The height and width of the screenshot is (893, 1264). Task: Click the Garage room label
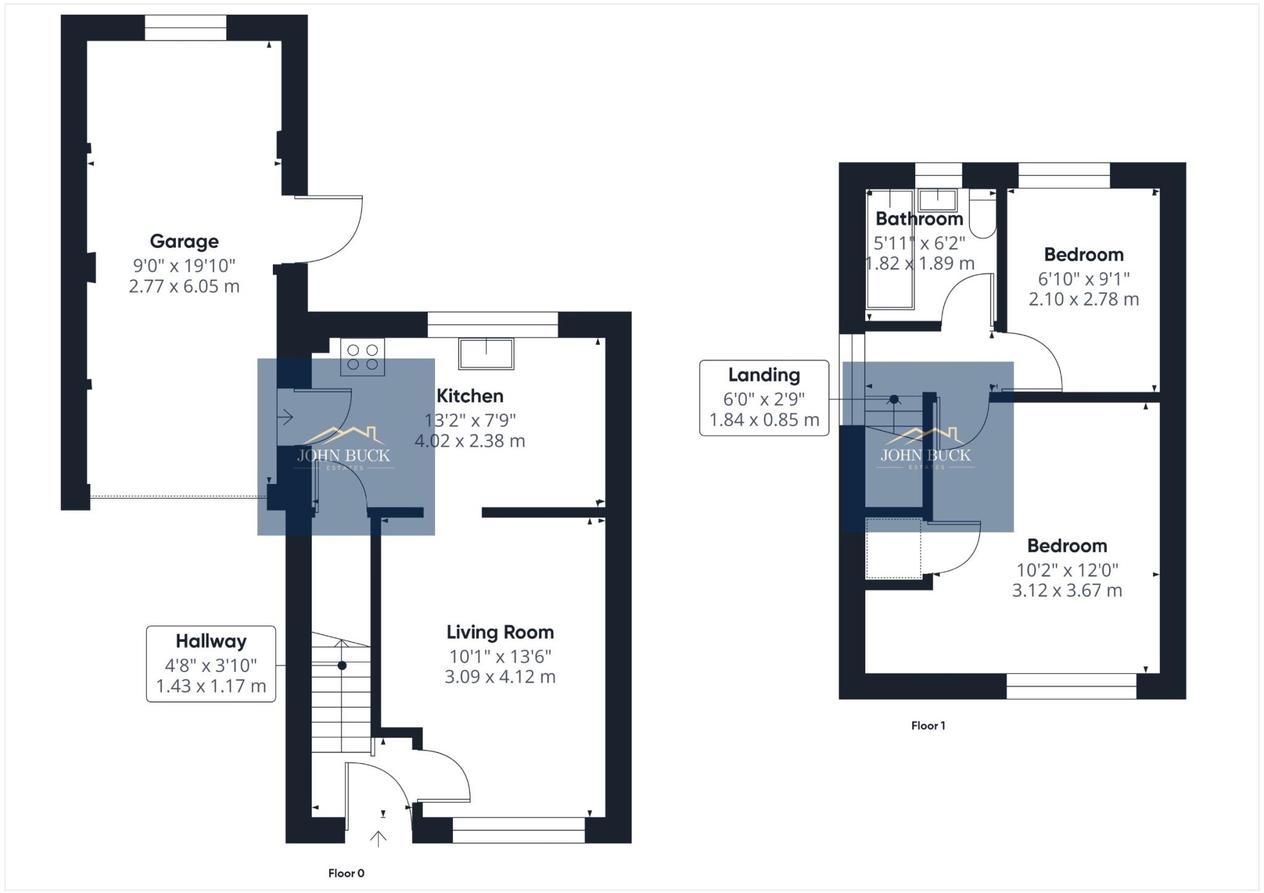pyautogui.click(x=184, y=241)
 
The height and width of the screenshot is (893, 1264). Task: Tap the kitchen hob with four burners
pyautogui.click(x=362, y=357)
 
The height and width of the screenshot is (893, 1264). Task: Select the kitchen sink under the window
pyautogui.click(x=486, y=354)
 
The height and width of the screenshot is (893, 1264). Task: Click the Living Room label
pyautogui.click(x=500, y=633)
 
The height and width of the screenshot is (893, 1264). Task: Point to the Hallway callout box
pyautogui.click(x=210, y=664)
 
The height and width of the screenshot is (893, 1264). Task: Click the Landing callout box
pyautogui.click(x=763, y=398)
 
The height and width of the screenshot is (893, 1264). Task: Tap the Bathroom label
pyautogui.click(x=919, y=219)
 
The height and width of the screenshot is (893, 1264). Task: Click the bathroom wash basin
pyautogui.click(x=938, y=201)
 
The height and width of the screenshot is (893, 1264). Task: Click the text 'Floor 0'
pyautogui.click(x=346, y=873)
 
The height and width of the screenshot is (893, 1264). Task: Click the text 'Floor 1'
pyautogui.click(x=928, y=726)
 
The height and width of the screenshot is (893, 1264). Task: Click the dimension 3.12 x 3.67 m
pyautogui.click(x=1066, y=591)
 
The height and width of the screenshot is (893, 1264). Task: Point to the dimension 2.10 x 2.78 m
pyautogui.click(x=1083, y=299)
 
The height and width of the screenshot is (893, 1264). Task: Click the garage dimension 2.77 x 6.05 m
pyautogui.click(x=184, y=286)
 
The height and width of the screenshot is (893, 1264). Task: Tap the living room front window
pyautogui.click(x=518, y=830)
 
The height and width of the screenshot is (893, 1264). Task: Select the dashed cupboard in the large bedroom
pyautogui.click(x=893, y=549)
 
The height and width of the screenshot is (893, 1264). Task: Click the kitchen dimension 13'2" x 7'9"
pyautogui.click(x=470, y=420)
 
